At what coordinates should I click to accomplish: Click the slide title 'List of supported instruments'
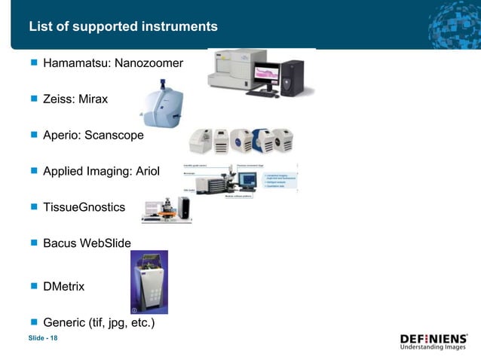coord(123,27)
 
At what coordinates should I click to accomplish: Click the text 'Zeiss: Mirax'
coord(75,99)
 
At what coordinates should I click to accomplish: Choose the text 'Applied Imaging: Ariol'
coord(102,172)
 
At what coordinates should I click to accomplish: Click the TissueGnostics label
coord(84,207)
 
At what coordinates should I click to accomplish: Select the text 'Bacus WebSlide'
coord(87,243)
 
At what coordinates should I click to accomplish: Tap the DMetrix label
coord(64,287)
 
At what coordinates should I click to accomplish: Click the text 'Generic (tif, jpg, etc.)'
coord(99,323)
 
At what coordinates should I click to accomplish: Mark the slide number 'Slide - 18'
coord(43,338)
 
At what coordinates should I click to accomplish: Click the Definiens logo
coord(434,342)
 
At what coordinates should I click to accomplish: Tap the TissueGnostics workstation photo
coord(166,211)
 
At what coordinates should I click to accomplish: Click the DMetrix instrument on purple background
coord(149,282)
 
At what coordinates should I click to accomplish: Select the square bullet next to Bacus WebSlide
coord(33,243)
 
